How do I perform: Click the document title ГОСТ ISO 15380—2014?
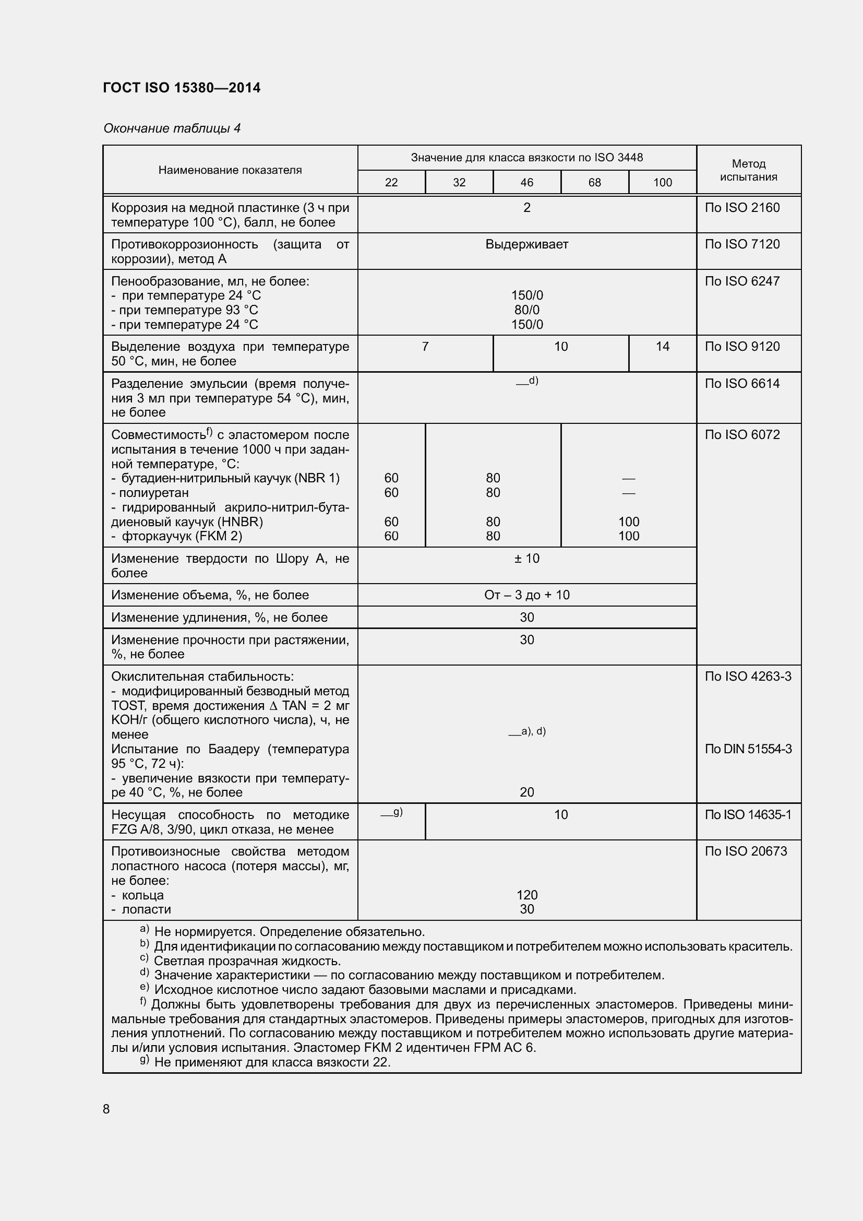point(182,88)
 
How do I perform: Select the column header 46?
point(526,182)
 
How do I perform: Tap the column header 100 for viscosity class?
point(662,182)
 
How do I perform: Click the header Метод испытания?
point(748,170)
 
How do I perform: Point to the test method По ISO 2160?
point(742,207)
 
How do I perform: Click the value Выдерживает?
point(526,244)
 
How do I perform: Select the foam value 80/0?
point(526,310)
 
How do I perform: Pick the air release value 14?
point(662,346)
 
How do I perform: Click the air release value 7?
point(425,346)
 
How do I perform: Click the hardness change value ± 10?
point(526,558)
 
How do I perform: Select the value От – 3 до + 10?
point(526,595)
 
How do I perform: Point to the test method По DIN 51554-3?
point(748,749)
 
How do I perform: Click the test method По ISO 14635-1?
point(748,814)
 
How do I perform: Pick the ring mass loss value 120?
point(526,895)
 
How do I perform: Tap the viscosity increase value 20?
point(526,792)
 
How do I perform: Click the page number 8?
point(106,1109)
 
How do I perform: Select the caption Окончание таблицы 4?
point(172,128)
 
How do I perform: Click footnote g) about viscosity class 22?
point(266,1062)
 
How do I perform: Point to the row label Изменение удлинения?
point(219,617)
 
